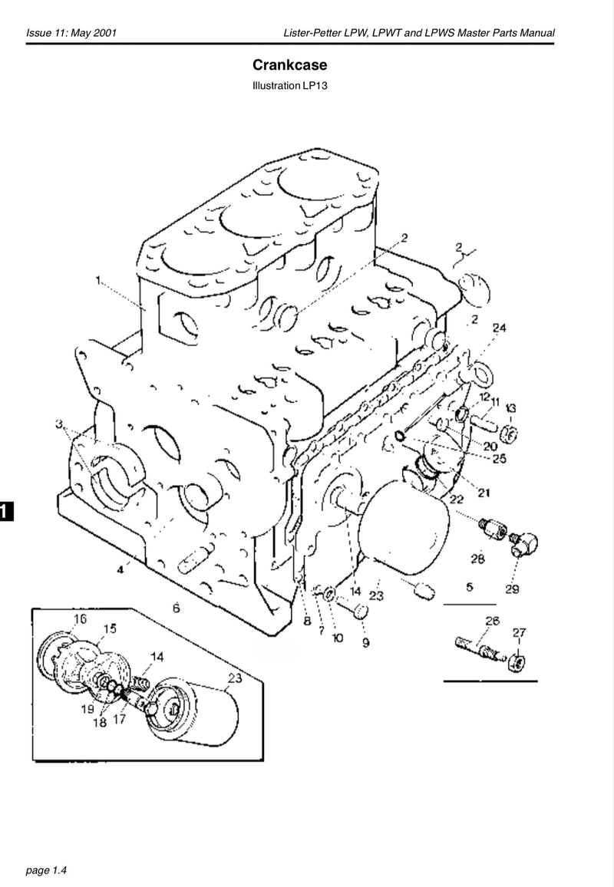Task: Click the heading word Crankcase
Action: pyautogui.click(x=289, y=67)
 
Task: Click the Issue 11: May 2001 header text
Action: pyautogui.click(x=71, y=33)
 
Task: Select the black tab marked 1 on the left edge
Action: pyautogui.click(x=5, y=511)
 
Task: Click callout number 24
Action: pyautogui.click(x=500, y=328)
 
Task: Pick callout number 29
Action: pyautogui.click(x=512, y=589)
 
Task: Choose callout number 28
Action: pyautogui.click(x=477, y=559)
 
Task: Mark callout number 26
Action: pyautogui.click(x=492, y=621)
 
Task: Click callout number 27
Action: pyautogui.click(x=520, y=631)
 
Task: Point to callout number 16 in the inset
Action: pyautogui.click(x=80, y=618)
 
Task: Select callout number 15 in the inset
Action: pyautogui.click(x=110, y=628)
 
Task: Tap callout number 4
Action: pyautogui.click(x=121, y=569)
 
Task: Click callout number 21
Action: pyautogui.click(x=484, y=492)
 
